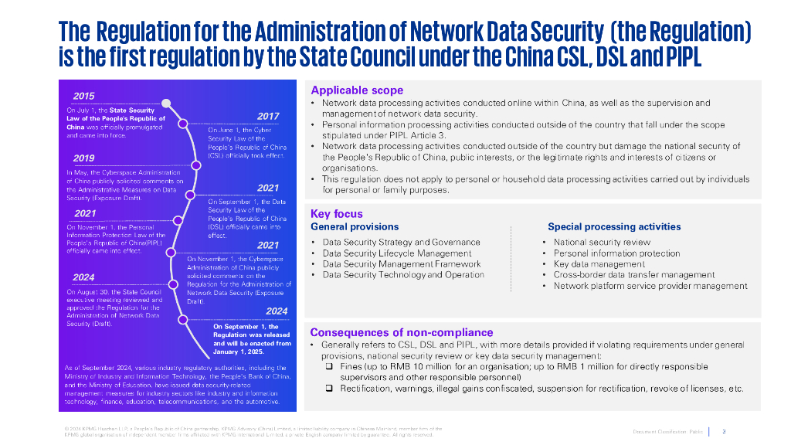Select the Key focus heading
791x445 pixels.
[x=336, y=214]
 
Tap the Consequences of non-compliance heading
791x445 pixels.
[x=401, y=332]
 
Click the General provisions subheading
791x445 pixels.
[x=355, y=227]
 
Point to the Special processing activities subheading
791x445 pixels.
[x=614, y=227]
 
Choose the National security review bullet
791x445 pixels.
[x=602, y=242]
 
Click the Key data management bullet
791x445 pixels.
[x=599, y=263]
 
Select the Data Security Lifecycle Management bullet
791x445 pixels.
[x=396, y=253]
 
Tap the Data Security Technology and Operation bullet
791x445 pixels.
[x=403, y=274]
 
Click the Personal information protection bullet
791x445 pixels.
[x=616, y=253]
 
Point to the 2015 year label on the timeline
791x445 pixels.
[x=84, y=97]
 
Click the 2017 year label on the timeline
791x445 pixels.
[x=268, y=117]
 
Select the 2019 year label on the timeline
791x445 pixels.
[x=84, y=158]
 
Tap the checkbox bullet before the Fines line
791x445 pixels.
[x=329, y=365]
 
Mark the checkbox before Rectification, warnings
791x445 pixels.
[x=329, y=388]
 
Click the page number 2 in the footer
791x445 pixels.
[x=724, y=431]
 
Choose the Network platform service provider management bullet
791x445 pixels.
[x=650, y=286]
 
